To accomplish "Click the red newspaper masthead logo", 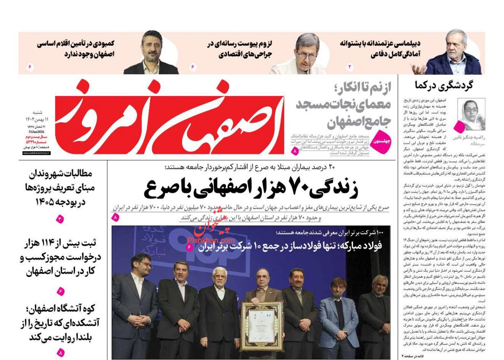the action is [x=169, y=119].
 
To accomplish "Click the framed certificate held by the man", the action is [x=262, y=326].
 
